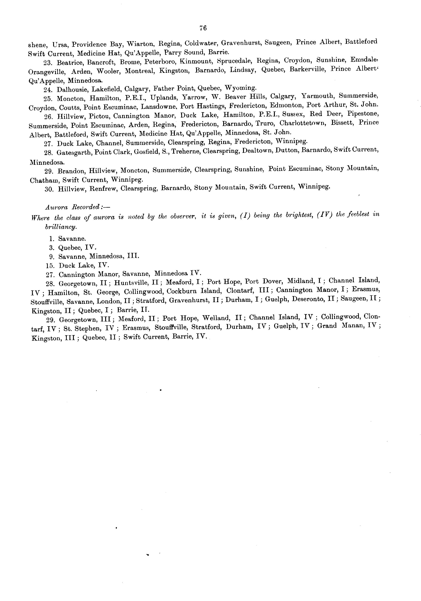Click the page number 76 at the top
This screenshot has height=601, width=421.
point(203,28)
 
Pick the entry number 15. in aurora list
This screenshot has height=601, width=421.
point(50,266)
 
